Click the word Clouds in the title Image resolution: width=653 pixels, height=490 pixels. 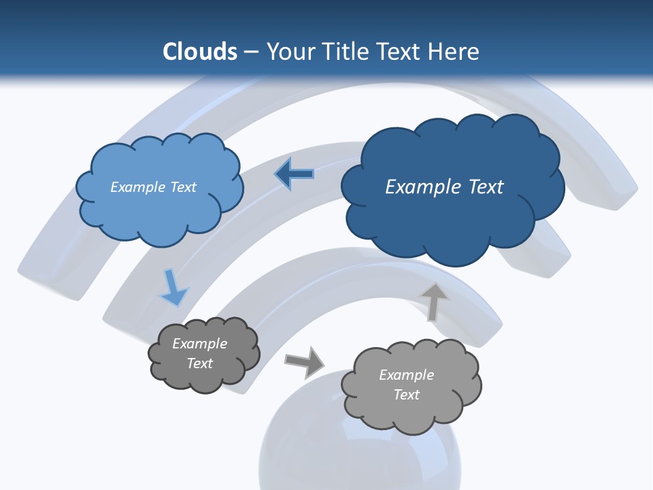click(200, 52)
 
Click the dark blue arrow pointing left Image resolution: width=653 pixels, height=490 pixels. click(295, 174)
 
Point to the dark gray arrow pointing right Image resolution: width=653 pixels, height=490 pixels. click(305, 361)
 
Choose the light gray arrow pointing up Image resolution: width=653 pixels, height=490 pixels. click(433, 301)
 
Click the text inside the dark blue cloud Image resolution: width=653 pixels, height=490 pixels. click(444, 187)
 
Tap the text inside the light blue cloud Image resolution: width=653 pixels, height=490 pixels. click(153, 187)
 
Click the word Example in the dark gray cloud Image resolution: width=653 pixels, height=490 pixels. click(199, 344)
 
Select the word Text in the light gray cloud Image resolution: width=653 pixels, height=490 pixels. click(406, 395)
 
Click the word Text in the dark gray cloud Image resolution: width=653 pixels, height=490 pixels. click(199, 363)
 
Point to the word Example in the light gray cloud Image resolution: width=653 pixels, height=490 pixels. click(406, 375)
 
